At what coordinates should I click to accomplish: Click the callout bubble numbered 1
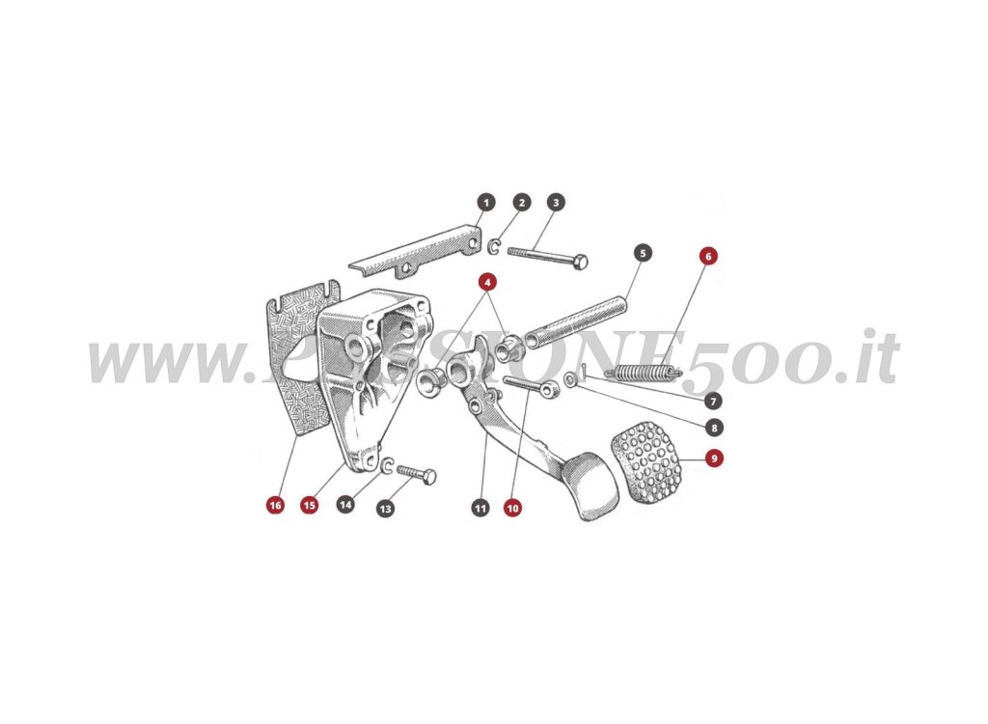[486, 203]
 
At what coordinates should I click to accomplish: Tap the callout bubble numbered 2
[522, 203]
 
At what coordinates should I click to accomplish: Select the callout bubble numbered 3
[556, 203]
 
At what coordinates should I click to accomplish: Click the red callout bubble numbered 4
[488, 282]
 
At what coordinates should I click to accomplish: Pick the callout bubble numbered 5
[644, 253]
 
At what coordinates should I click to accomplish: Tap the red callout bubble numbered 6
[708, 257]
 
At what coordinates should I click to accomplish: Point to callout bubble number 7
[714, 400]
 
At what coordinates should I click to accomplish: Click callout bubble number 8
[714, 427]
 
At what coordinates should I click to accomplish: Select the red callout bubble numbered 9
[714, 459]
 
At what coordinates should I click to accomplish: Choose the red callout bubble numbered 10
[512, 507]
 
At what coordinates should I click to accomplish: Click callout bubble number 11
[480, 507]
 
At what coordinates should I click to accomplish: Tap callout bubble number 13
[386, 507]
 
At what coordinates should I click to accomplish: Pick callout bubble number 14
[345, 504]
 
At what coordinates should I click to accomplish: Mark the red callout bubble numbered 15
[309, 505]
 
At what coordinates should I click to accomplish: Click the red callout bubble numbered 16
[276, 505]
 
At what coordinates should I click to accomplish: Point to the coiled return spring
[641, 371]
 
